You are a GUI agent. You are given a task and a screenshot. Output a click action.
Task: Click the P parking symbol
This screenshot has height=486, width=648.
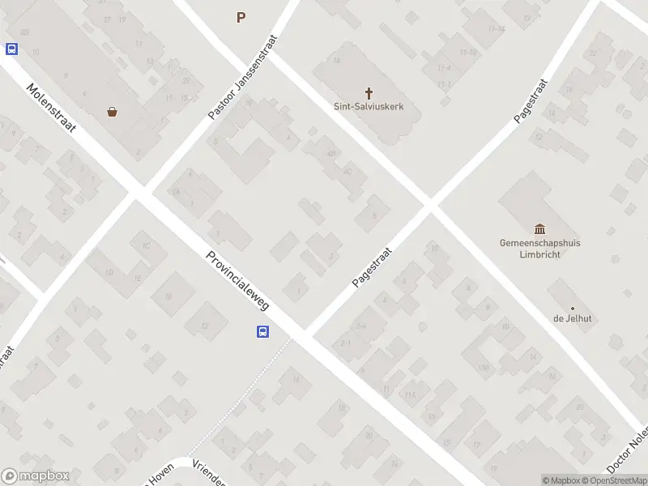241,17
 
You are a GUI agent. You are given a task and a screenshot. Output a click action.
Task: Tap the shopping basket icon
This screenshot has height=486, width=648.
112,113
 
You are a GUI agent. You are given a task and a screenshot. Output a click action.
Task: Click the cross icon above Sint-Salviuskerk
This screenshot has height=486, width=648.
369,93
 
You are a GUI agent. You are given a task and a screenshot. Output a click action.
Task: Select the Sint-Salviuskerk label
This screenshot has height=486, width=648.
369,106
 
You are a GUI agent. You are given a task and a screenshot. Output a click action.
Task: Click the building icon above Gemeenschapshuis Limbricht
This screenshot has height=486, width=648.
540,229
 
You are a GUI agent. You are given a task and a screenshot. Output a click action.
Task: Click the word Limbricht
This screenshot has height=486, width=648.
540,254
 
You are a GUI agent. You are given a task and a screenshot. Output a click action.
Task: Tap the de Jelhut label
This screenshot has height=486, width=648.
572,318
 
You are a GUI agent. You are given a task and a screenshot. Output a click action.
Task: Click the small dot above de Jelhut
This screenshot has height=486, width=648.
572,308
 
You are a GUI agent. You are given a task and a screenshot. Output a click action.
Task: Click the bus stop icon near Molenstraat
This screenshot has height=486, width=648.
11,49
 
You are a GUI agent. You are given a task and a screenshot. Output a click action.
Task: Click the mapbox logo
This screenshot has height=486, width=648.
36,476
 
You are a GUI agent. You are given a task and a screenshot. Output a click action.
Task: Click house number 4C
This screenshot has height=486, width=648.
347,171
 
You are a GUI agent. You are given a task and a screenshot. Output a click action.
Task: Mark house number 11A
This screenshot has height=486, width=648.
410,395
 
